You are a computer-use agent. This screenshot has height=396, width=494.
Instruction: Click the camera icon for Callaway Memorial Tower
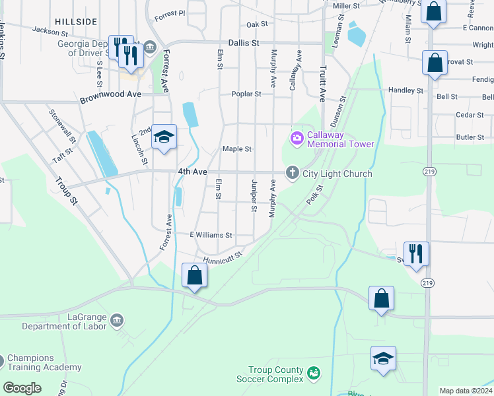point(297,137)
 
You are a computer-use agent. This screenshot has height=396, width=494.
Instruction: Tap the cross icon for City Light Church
point(292,173)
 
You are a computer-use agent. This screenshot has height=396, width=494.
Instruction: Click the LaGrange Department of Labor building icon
point(117,320)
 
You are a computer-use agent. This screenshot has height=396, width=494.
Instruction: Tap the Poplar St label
point(246,94)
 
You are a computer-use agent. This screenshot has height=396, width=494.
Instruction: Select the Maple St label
point(237,149)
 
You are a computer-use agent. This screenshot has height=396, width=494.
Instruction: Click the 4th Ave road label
point(192,172)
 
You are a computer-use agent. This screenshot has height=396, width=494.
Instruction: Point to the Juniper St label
point(254,195)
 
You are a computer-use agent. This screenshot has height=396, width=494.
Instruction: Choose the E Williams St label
point(211,234)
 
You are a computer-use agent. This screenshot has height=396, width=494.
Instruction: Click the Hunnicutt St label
point(223,256)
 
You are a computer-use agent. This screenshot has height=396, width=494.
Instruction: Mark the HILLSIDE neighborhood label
point(75,22)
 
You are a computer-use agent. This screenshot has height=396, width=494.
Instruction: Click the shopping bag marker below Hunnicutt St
point(195,275)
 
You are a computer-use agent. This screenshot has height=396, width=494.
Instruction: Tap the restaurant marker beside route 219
point(416,253)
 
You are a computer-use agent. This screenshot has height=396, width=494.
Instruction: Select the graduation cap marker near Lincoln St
point(164,137)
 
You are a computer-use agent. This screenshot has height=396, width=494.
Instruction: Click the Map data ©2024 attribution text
point(466,391)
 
